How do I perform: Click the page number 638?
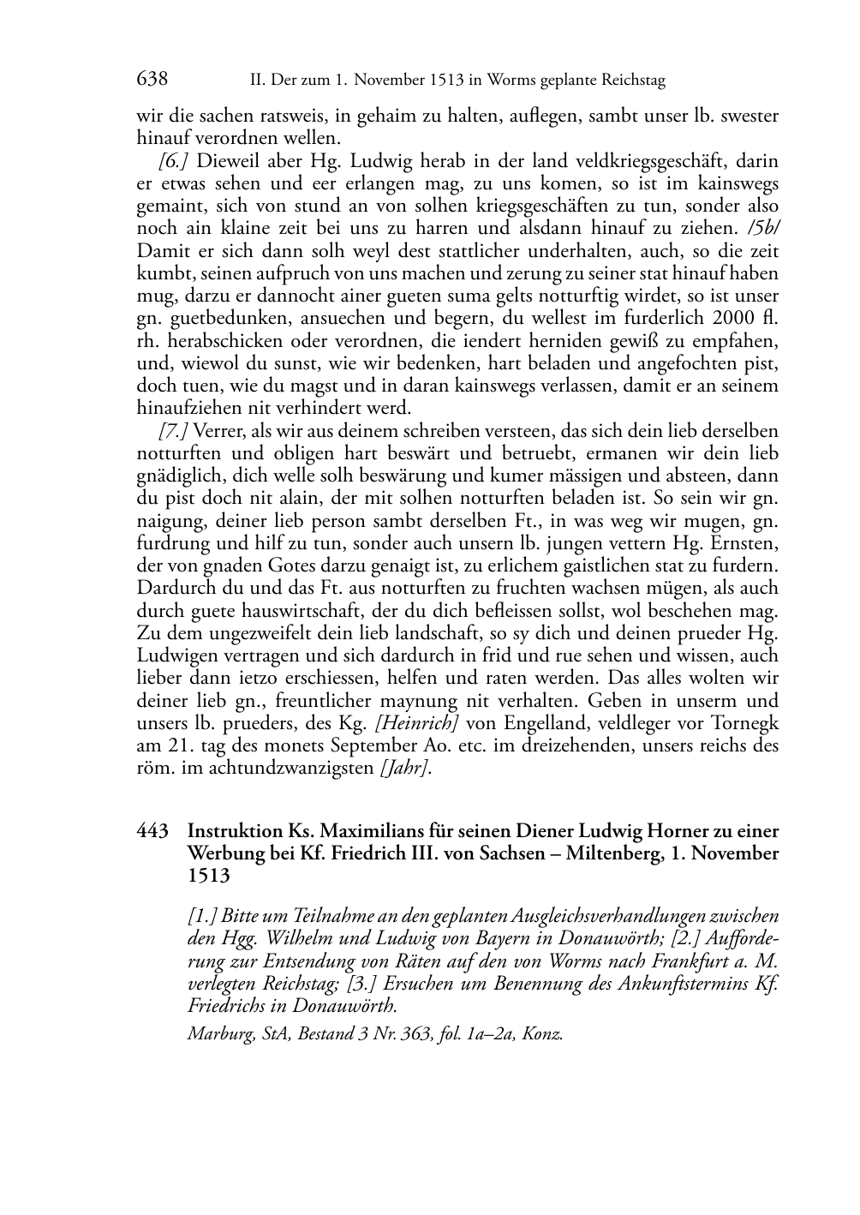[x=152, y=80]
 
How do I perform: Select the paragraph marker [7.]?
[x=174, y=430]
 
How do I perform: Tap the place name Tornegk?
[x=743, y=722]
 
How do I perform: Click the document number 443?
[x=152, y=831]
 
